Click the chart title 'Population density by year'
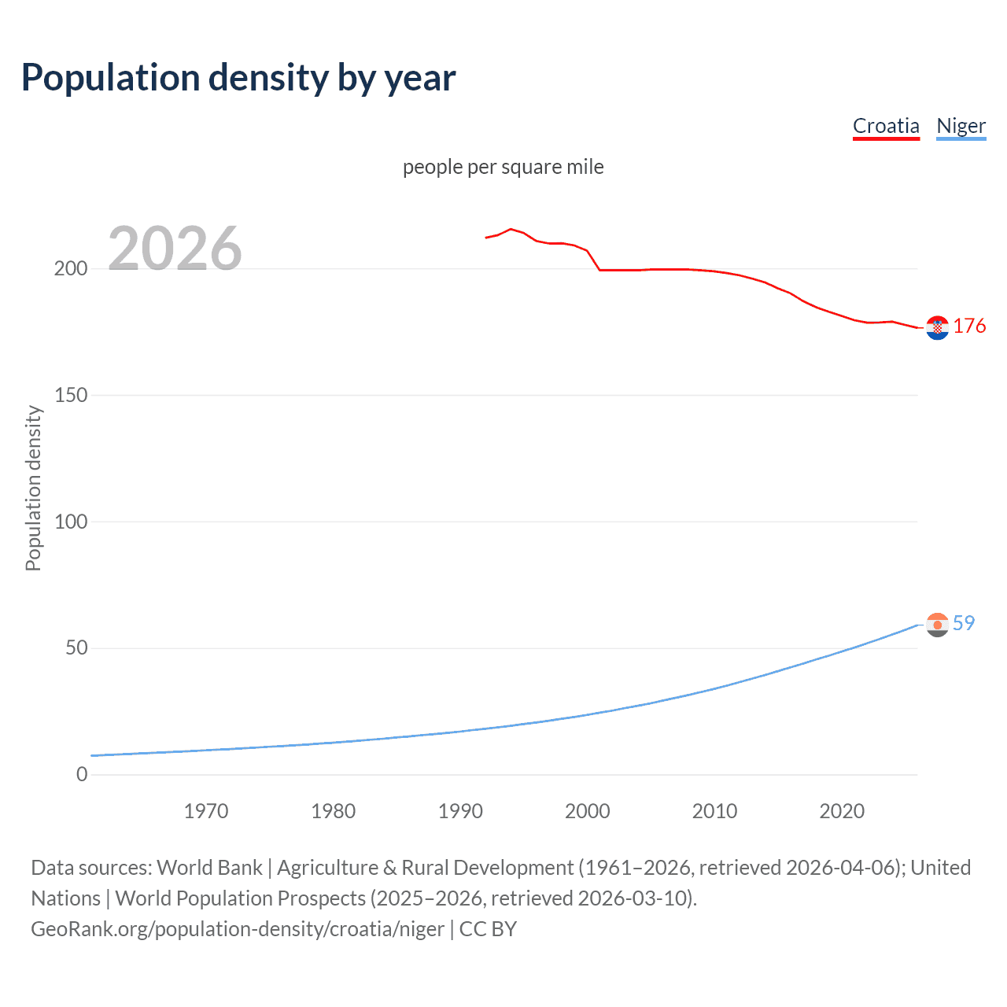tap(238, 78)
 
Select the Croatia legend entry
tap(886, 126)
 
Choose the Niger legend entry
tap(961, 126)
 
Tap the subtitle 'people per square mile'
tap(503, 167)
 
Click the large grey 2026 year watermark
tap(175, 249)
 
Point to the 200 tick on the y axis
tap(71, 269)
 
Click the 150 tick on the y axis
tap(71, 396)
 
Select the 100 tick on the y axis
tap(71, 522)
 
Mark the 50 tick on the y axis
tap(76, 648)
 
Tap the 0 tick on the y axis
tap(82, 774)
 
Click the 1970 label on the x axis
tap(206, 811)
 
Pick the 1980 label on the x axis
tap(334, 811)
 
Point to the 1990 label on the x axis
tap(460, 811)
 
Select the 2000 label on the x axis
tap(588, 811)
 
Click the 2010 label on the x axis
tap(714, 811)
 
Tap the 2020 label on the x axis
tap(842, 811)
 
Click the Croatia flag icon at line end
tap(937, 327)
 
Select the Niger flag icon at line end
tap(937, 625)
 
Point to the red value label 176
tap(969, 326)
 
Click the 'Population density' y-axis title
tap(33, 488)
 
